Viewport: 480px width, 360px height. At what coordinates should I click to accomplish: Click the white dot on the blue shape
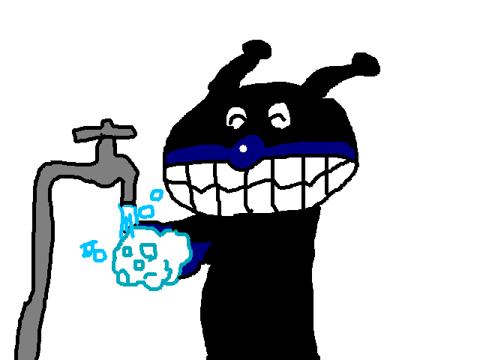(243, 148)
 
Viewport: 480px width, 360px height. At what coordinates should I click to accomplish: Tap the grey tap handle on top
(105, 133)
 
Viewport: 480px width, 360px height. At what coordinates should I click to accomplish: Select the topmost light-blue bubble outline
(157, 195)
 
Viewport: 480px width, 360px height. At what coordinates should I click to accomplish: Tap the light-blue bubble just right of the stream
(146, 211)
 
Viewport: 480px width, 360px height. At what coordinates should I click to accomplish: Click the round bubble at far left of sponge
(100, 256)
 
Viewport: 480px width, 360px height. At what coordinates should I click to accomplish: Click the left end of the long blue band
(171, 157)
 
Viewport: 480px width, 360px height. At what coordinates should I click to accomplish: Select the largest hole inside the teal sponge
(148, 250)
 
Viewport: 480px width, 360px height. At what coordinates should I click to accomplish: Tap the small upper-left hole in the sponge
(127, 251)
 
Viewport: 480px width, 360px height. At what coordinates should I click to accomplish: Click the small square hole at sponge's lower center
(139, 265)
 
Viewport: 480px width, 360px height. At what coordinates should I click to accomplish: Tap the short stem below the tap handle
(106, 150)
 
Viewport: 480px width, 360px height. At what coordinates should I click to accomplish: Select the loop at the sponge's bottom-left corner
(122, 278)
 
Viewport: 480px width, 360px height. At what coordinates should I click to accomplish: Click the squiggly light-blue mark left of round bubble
(88, 248)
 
